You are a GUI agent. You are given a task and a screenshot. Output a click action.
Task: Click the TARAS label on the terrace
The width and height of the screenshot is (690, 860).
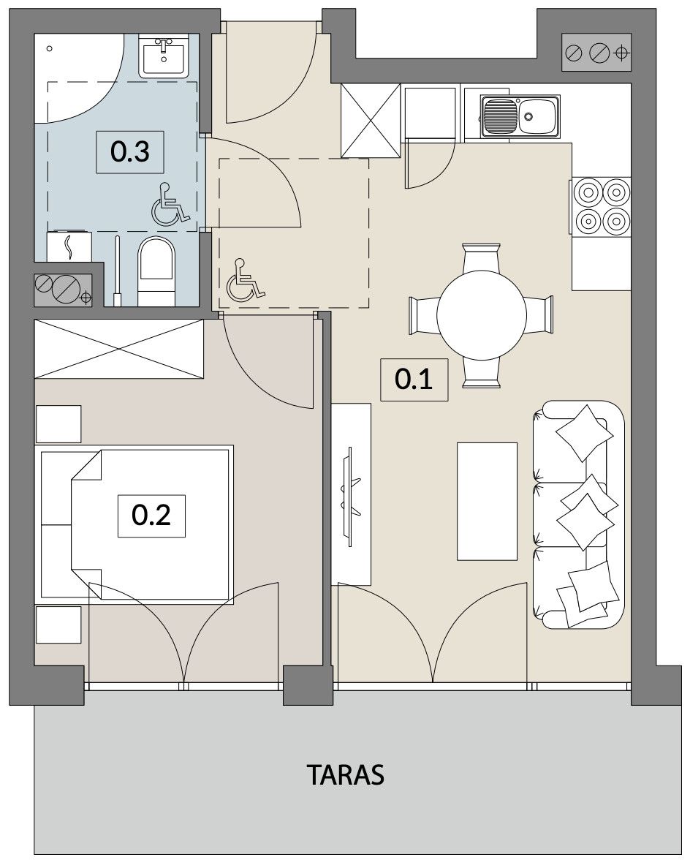tap(345, 774)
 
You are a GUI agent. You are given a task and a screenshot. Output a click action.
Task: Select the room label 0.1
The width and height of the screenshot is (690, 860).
tap(414, 379)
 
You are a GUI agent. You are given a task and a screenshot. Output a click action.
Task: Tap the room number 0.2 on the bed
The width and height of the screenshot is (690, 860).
tap(151, 516)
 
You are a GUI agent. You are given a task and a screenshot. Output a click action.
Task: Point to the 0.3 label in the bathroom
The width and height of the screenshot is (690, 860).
tap(130, 152)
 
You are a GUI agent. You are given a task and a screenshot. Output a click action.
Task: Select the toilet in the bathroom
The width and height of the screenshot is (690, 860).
tap(156, 272)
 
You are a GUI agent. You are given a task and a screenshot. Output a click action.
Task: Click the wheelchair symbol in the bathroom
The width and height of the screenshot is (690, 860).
tap(170, 205)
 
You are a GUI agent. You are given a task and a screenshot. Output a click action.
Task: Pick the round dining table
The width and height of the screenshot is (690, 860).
tap(482, 314)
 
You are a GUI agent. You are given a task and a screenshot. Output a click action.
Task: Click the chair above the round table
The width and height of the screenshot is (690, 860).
tap(481, 258)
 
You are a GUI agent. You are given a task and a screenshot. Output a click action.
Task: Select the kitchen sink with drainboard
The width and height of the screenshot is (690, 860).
tap(520, 116)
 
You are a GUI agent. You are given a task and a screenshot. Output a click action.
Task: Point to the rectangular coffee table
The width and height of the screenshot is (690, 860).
tap(488, 502)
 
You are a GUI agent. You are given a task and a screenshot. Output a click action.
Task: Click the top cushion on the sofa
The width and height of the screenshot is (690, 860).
tap(584, 433)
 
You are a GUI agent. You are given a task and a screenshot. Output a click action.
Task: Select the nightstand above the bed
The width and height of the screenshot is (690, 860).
tap(58, 424)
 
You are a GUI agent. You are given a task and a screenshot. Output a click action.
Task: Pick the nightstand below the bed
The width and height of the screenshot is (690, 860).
tap(58, 625)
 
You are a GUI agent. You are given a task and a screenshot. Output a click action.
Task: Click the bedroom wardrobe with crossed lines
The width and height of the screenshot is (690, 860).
tap(119, 349)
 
